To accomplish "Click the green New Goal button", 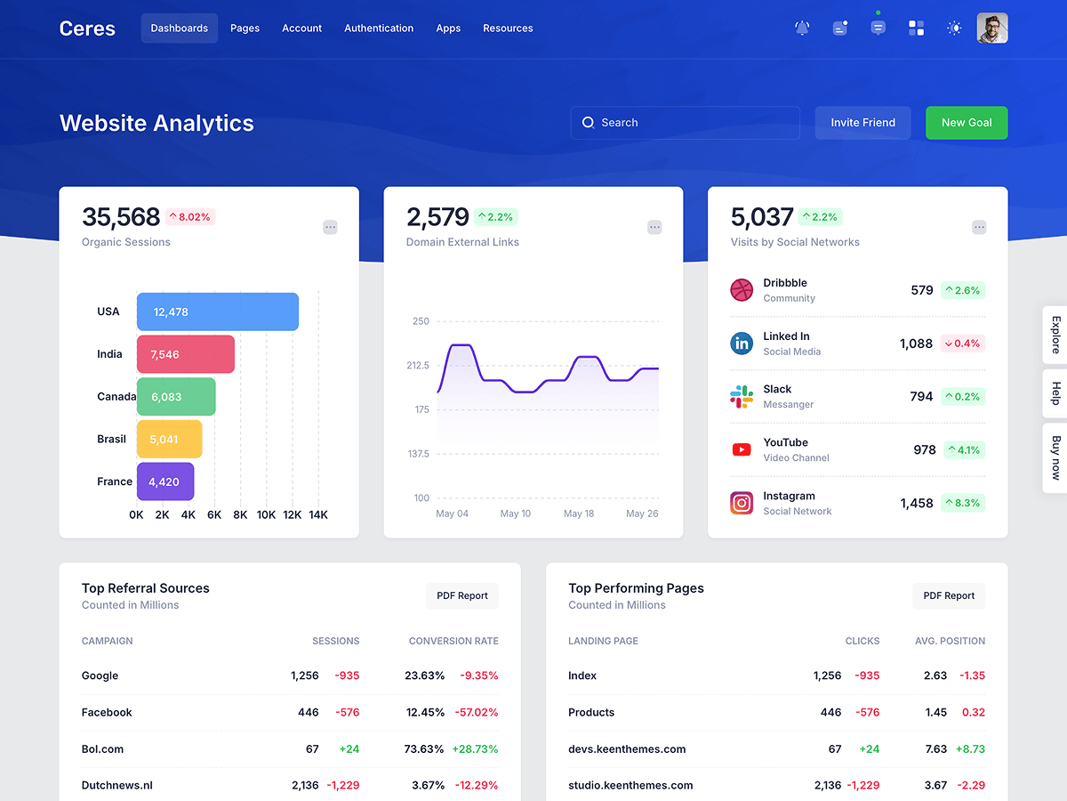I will pyautogui.click(x=967, y=123).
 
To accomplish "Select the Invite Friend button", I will pyautogui.click(x=862, y=123).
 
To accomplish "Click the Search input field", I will pyautogui.click(x=685, y=123).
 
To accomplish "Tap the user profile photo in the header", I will pyautogui.click(x=991, y=28).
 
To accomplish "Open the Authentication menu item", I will pyautogui.click(x=379, y=28).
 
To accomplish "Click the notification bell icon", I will pyautogui.click(x=802, y=28).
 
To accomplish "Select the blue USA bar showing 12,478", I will pyautogui.click(x=217, y=311).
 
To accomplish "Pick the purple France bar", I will pyautogui.click(x=165, y=481).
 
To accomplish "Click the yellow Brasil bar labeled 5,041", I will pyautogui.click(x=169, y=439).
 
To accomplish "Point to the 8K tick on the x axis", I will pyautogui.click(x=240, y=514).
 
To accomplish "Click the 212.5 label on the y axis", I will pyautogui.click(x=418, y=365).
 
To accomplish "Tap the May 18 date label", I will pyautogui.click(x=579, y=514).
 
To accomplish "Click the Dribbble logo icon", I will pyautogui.click(x=742, y=290).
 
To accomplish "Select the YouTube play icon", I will pyautogui.click(x=742, y=449).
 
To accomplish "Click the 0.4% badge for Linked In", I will pyautogui.click(x=962, y=344).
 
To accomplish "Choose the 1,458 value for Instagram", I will pyautogui.click(x=916, y=504).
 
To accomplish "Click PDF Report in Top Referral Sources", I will pyautogui.click(x=461, y=595).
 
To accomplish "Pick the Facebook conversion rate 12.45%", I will pyautogui.click(x=425, y=712).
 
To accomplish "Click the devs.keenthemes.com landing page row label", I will pyautogui.click(x=627, y=748).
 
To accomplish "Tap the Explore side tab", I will pyautogui.click(x=1055, y=335).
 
